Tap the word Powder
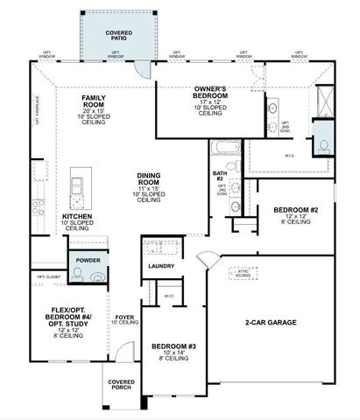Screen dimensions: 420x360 pyautogui.click(x=88, y=260)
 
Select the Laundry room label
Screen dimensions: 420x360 pyautogui.click(x=161, y=266)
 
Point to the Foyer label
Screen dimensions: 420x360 pyautogui.click(x=124, y=319)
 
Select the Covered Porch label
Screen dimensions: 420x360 pyautogui.click(x=121, y=386)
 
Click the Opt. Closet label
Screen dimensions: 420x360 pyautogui.click(x=47, y=276)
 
